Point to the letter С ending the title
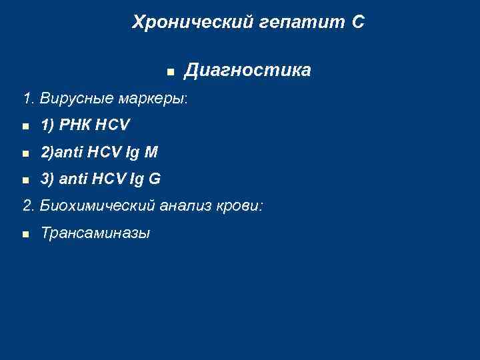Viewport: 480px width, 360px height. (x=358, y=22)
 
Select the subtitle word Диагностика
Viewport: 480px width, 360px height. (x=247, y=70)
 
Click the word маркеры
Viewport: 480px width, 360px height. (x=153, y=99)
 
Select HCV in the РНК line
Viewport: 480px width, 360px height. (x=113, y=125)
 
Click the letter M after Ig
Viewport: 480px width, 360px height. (x=151, y=152)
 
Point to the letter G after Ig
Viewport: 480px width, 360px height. (x=154, y=179)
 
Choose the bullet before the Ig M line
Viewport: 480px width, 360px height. (x=25, y=153)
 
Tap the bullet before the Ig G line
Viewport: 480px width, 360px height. (x=25, y=180)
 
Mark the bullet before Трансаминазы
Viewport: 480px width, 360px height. (x=25, y=234)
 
